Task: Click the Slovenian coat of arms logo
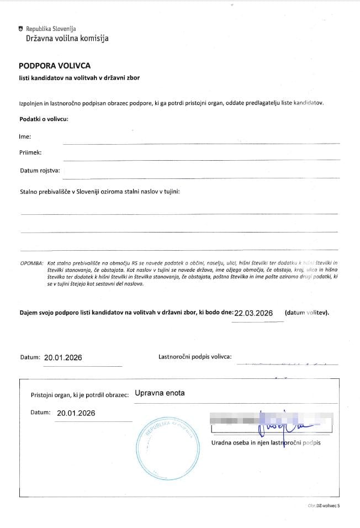[x=21, y=28]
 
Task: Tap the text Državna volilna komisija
[x=67, y=39]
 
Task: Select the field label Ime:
[x=25, y=136]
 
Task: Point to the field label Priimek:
[x=31, y=152]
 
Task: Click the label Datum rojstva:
[x=40, y=171]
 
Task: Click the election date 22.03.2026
[x=254, y=313]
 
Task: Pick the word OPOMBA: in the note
[x=32, y=263]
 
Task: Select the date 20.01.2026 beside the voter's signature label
[x=63, y=357]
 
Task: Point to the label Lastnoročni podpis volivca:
[x=195, y=356]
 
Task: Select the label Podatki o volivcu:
[x=44, y=119]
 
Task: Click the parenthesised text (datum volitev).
[x=306, y=313]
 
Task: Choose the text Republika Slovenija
[x=51, y=29]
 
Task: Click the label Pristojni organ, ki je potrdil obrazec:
[x=80, y=395]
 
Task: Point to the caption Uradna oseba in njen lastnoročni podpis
[x=266, y=442]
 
